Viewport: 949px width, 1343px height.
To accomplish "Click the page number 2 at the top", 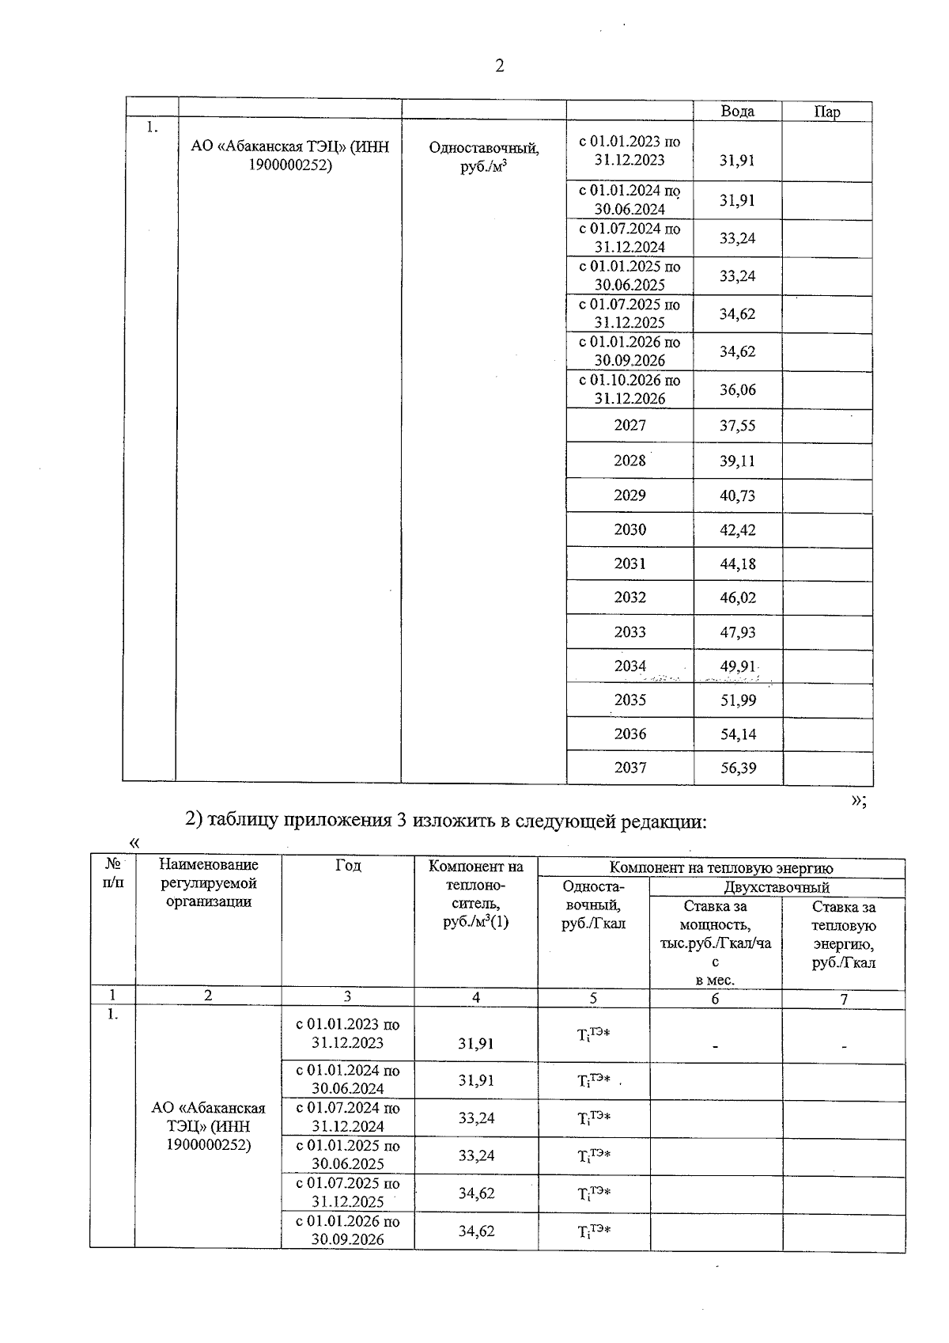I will pyautogui.click(x=499, y=66).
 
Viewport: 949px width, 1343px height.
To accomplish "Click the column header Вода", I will pyautogui.click(x=737, y=112).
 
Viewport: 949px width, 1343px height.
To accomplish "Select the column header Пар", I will pyautogui.click(x=827, y=112).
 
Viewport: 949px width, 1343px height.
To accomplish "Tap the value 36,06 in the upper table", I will pyautogui.click(x=737, y=389).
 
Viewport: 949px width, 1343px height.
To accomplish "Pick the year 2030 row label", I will pyautogui.click(x=630, y=529).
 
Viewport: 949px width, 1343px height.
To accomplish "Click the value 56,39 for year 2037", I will pyautogui.click(x=737, y=768).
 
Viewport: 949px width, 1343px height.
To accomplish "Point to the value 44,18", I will pyautogui.click(x=737, y=563).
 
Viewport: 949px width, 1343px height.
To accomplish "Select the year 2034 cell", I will pyautogui.click(x=630, y=666).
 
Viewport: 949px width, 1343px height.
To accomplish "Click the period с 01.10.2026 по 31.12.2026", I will pyautogui.click(x=630, y=389).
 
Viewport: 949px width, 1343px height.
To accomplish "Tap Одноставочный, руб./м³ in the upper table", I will pyautogui.click(x=483, y=157).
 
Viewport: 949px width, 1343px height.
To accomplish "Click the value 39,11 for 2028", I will pyautogui.click(x=737, y=461).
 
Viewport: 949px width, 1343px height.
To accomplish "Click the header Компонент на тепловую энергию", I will pyautogui.click(x=720, y=868).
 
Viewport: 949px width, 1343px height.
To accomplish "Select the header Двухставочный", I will pyautogui.click(x=776, y=887).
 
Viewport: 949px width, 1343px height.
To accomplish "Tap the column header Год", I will pyautogui.click(x=348, y=866).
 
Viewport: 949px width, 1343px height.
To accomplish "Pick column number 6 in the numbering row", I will pyautogui.click(x=715, y=999).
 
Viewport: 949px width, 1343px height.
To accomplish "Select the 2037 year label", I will pyautogui.click(x=630, y=768).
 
